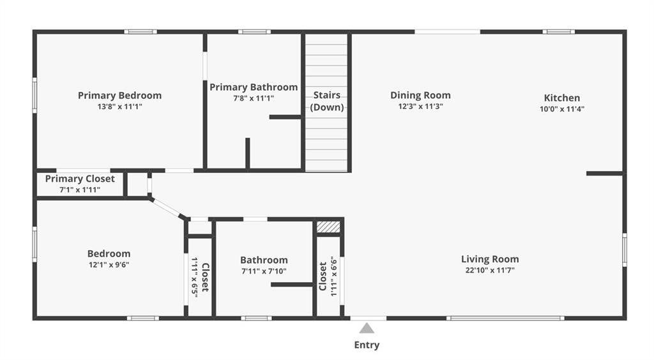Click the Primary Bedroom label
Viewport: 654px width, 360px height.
(x=119, y=95)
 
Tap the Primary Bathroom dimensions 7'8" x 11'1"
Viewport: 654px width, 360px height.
(x=254, y=98)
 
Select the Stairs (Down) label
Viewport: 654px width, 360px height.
(x=327, y=101)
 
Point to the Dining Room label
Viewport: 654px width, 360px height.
(x=420, y=95)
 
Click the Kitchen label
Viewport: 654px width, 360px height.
(x=562, y=98)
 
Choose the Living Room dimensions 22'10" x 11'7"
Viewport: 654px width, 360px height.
(x=490, y=270)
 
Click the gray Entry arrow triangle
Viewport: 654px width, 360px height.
(x=367, y=328)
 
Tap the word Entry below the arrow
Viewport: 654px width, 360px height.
(x=367, y=345)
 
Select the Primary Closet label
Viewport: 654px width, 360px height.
(x=80, y=179)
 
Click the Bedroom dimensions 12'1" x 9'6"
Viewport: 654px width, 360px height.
(x=109, y=265)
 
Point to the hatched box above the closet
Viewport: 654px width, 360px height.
(x=328, y=227)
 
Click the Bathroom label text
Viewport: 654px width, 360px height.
(x=264, y=260)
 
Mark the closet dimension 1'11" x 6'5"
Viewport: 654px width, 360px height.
(x=194, y=276)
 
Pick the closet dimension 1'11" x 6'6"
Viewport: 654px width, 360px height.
(x=333, y=276)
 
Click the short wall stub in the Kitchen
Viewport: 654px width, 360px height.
(x=605, y=174)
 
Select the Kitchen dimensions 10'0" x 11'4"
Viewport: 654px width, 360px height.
(x=562, y=109)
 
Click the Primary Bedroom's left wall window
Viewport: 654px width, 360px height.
(x=34, y=95)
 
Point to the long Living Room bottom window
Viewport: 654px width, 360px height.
(x=505, y=319)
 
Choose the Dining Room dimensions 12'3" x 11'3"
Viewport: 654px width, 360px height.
(x=420, y=106)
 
